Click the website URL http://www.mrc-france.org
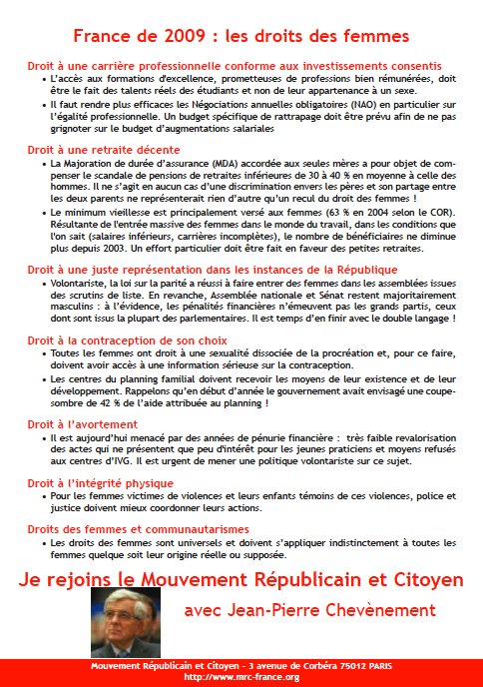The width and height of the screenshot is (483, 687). pyautogui.click(x=241, y=677)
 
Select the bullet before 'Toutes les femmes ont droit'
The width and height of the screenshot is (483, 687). pyautogui.click(x=44, y=354)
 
